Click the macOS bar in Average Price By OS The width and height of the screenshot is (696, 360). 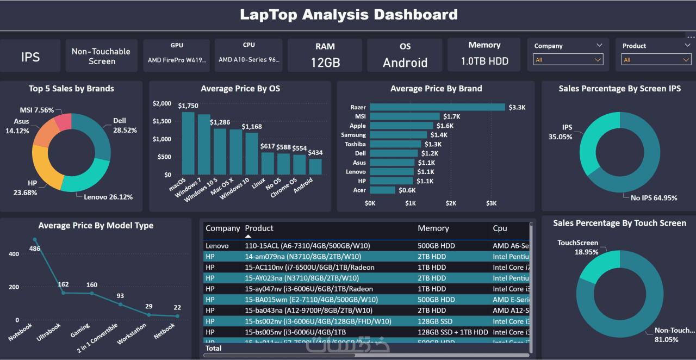188,143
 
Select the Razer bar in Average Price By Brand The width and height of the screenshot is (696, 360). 437,107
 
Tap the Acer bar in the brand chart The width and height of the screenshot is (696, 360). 382,190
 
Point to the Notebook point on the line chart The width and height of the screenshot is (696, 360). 35,239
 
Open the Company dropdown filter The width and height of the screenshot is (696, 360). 568,59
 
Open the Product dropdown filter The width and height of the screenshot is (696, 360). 656,59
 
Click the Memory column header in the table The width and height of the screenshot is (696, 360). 433,228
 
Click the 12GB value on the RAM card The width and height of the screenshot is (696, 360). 325,63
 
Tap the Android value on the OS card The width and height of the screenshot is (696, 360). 405,63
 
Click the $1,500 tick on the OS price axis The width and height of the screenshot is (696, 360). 162,121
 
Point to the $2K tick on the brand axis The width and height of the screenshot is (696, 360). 451,203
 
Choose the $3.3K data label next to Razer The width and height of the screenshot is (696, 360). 517,107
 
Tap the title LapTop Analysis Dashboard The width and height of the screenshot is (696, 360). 349,15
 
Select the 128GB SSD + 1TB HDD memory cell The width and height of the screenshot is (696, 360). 452,332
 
